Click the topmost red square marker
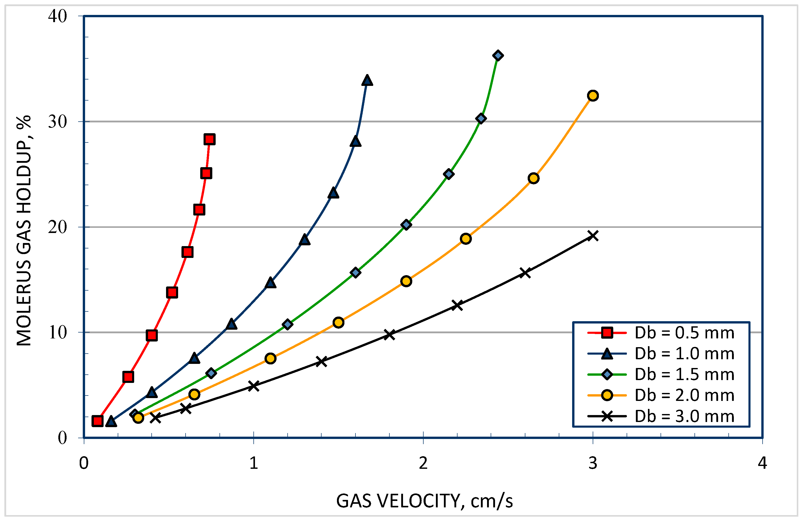(x=210, y=139)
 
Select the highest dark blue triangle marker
(x=367, y=80)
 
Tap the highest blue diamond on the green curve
(x=498, y=56)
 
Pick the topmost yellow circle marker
(x=593, y=96)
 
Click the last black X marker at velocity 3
(x=593, y=236)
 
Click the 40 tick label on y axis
(x=58, y=16)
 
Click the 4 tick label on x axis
(x=762, y=463)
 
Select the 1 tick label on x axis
(x=254, y=463)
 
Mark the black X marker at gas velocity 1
(x=254, y=386)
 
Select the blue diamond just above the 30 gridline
(x=481, y=118)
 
